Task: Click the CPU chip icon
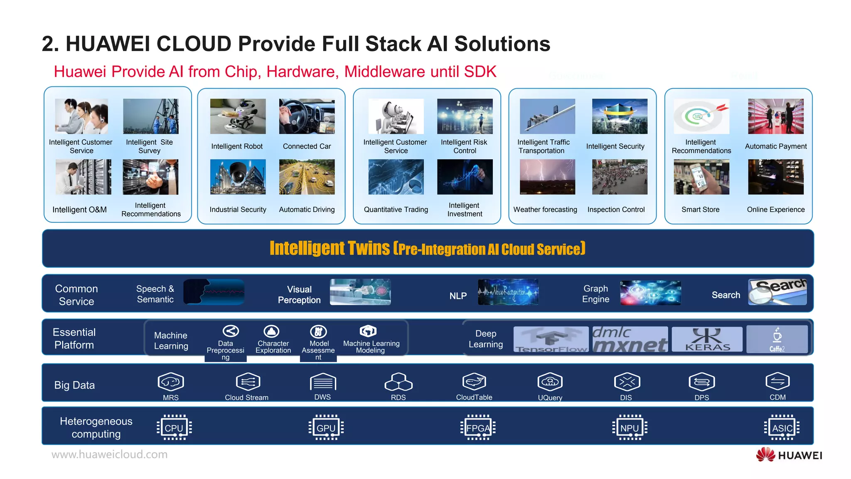174,427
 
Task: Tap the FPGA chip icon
478,427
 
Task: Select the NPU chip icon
630,427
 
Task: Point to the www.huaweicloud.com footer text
109,454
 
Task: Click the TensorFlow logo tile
551,339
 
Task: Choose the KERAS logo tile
707,339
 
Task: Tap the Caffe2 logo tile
777,339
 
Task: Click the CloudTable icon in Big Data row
474,382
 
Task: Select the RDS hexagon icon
398,382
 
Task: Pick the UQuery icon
550,382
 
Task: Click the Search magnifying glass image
777,292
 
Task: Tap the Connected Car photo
307,116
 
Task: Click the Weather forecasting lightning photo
547,177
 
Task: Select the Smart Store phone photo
701,177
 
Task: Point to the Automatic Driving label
307,210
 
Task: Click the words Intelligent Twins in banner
330,248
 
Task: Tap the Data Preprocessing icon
231,331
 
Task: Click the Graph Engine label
595,294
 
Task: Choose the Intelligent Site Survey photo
150,116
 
